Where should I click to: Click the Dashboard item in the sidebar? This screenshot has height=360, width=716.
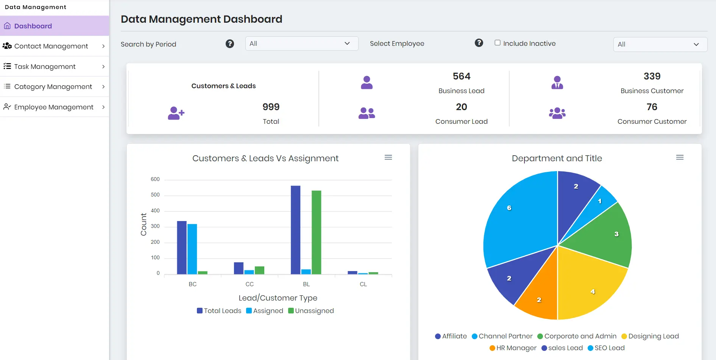[33, 26]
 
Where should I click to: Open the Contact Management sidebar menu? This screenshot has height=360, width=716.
[51, 46]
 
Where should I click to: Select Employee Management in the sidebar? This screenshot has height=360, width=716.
[54, 107]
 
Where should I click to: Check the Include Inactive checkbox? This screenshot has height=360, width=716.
[498, 43]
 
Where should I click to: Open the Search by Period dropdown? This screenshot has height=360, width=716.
[301, 44]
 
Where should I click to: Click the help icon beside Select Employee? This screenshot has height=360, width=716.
[479, 43]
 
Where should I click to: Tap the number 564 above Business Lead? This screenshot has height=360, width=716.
[461, 76]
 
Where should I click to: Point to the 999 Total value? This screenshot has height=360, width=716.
[271, 107]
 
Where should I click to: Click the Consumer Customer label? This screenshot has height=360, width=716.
[652, 122]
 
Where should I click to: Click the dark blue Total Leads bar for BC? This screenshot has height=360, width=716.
[182, 247]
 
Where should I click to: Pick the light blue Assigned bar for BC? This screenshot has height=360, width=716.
[192, 249]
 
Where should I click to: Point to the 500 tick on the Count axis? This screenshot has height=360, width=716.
[155, 195]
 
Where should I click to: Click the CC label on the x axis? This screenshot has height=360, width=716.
[250, 284]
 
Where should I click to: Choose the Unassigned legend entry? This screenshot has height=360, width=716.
[311, 311]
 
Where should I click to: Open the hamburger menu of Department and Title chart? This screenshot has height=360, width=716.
[680, 157]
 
